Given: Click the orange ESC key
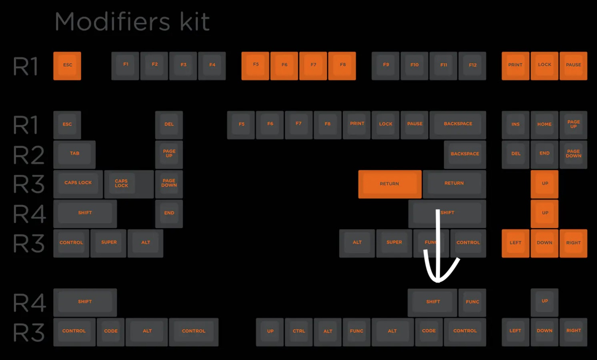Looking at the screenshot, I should [x=67, y=66].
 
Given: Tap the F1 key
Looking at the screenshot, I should [x=125, y=66].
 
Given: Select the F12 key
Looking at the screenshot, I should [x=472, y=66].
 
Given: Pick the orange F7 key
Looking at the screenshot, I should [x=313, y=66].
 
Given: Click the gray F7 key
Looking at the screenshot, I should [x=298, y=125].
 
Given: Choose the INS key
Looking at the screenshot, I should [x=515, y=125].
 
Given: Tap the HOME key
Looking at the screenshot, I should [x=544, y=125].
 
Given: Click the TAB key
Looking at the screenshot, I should [x=74, y=154].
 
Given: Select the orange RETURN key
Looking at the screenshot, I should [x=390, y=184].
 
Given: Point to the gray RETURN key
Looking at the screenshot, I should [x=454, y=184].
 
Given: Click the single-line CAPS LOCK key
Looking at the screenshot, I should [x=78, y=184].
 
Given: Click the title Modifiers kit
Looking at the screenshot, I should [x=132, y=22].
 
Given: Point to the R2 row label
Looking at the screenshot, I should [x=28, y=155].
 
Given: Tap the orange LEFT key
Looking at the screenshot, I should [x=515, y=243].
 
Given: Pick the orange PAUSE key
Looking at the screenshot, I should [x=573, y=66].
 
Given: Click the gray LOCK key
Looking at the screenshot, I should [x=385, y=125].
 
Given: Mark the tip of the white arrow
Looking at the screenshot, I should [x=438, y=281].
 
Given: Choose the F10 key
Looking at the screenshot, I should [x=414, y=66].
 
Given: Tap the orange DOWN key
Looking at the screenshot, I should [x=544, y=243].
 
